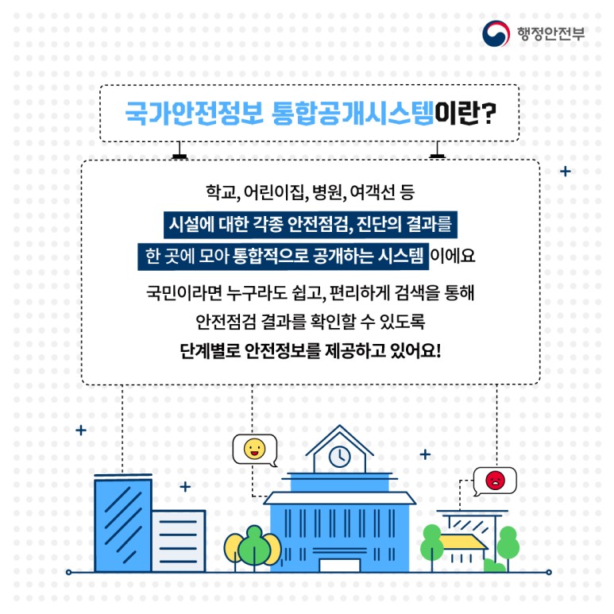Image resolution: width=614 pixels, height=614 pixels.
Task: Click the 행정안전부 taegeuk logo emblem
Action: (496, 33)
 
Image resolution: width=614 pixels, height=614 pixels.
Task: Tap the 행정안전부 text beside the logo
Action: (550, 33)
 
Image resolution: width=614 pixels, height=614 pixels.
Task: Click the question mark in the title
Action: (488, 114)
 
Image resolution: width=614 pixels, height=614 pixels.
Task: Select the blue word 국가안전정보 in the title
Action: (195, 114)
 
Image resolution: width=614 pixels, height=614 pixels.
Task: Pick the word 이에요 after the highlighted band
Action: (452, 256)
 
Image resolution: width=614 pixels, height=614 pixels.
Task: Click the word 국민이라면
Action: (184, 292)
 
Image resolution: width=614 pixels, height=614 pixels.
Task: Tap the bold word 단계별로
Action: (210, 351)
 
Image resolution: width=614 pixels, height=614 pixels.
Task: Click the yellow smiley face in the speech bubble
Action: (254, 449)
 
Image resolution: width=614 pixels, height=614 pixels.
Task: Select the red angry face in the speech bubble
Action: (496, 480)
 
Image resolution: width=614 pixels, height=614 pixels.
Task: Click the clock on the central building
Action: (339, 457)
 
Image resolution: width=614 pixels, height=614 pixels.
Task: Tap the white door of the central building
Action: (339, 566)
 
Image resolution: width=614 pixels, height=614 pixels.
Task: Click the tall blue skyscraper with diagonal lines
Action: (123, 525)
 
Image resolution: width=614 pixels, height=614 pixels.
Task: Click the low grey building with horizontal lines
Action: (179, 541)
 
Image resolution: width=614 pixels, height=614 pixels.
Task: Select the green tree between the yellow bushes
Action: (254, 546)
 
